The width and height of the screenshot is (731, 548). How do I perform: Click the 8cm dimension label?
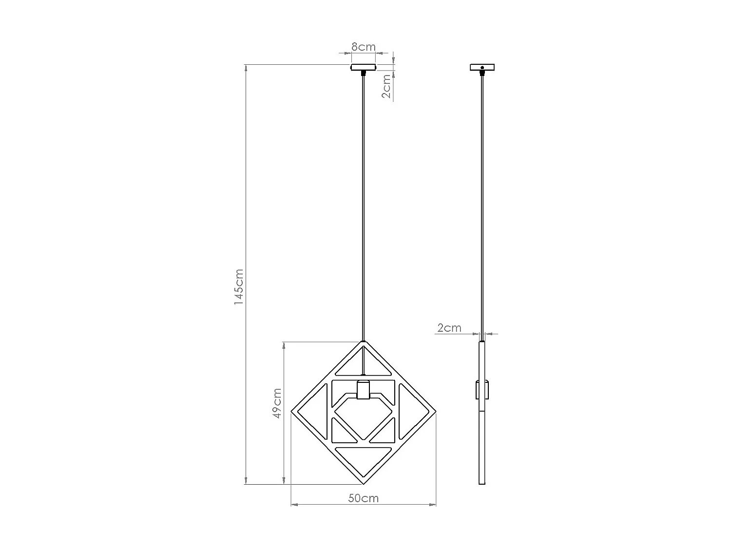point(364,47)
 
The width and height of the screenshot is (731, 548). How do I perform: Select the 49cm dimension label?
point(277,403)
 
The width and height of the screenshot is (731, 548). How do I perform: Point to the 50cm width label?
point(363,498)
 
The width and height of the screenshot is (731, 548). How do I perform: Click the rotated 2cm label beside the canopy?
point(386,87)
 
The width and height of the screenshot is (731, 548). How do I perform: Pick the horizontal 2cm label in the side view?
point(449,328)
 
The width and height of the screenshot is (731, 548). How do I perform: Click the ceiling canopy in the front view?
point(364,67)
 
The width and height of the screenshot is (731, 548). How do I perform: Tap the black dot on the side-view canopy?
point(482,67)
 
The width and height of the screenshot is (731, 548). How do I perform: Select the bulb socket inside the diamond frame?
point(363,389)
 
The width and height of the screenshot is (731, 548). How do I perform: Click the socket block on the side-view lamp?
point(482,389)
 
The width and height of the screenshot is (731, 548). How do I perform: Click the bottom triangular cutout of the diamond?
point(364,458)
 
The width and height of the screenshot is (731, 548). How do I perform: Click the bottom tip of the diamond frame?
point(363,484)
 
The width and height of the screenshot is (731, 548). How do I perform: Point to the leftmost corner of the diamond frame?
point(291,412)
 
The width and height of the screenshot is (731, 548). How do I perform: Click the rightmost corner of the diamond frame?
point(435,412)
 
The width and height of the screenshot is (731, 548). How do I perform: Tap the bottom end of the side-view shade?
point(482,483)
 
